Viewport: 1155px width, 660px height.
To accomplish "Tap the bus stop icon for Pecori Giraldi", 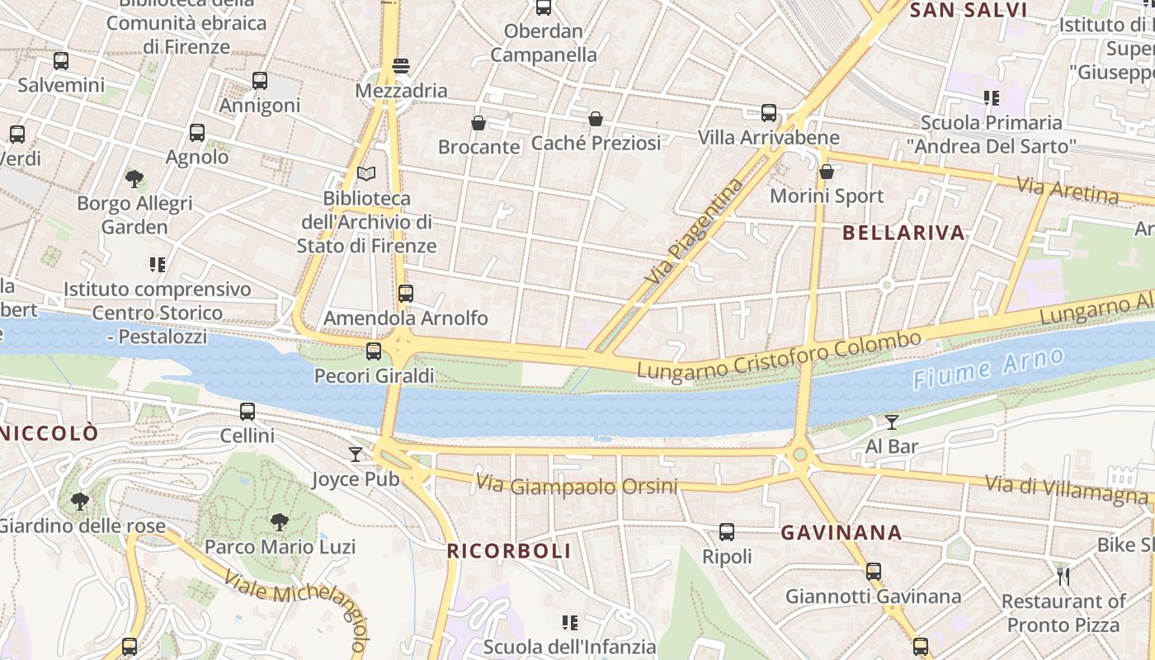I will coord(374,351).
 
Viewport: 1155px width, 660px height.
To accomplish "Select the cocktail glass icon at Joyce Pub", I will coord(356,455).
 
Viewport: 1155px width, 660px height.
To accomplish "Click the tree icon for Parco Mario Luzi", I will coord(280,521).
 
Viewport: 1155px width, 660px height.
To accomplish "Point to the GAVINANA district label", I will coord(841,533).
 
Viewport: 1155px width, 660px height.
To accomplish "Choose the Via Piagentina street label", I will coord(695,233).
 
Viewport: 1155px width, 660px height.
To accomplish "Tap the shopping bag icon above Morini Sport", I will coord(826,172).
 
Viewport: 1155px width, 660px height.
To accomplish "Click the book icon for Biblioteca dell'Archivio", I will coord(366,174).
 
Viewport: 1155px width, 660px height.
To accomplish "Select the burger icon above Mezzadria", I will coord(401,66).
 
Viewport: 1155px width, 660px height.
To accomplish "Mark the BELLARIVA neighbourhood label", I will coord(903,233).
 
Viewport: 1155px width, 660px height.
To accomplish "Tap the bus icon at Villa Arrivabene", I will coord(769,112).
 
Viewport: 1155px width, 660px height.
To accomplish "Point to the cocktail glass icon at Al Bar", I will coord(892,422).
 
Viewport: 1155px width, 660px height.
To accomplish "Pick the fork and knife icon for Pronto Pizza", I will coord(1063,576).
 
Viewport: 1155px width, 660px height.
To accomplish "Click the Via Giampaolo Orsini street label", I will coord(577,485).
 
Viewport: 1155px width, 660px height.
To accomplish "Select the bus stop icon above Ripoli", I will coord(727,532).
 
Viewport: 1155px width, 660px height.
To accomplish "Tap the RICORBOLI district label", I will coord(508,551).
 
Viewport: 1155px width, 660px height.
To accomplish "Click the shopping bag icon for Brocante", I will coord(478,123).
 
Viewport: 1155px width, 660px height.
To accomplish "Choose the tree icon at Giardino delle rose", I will coord(80,501).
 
